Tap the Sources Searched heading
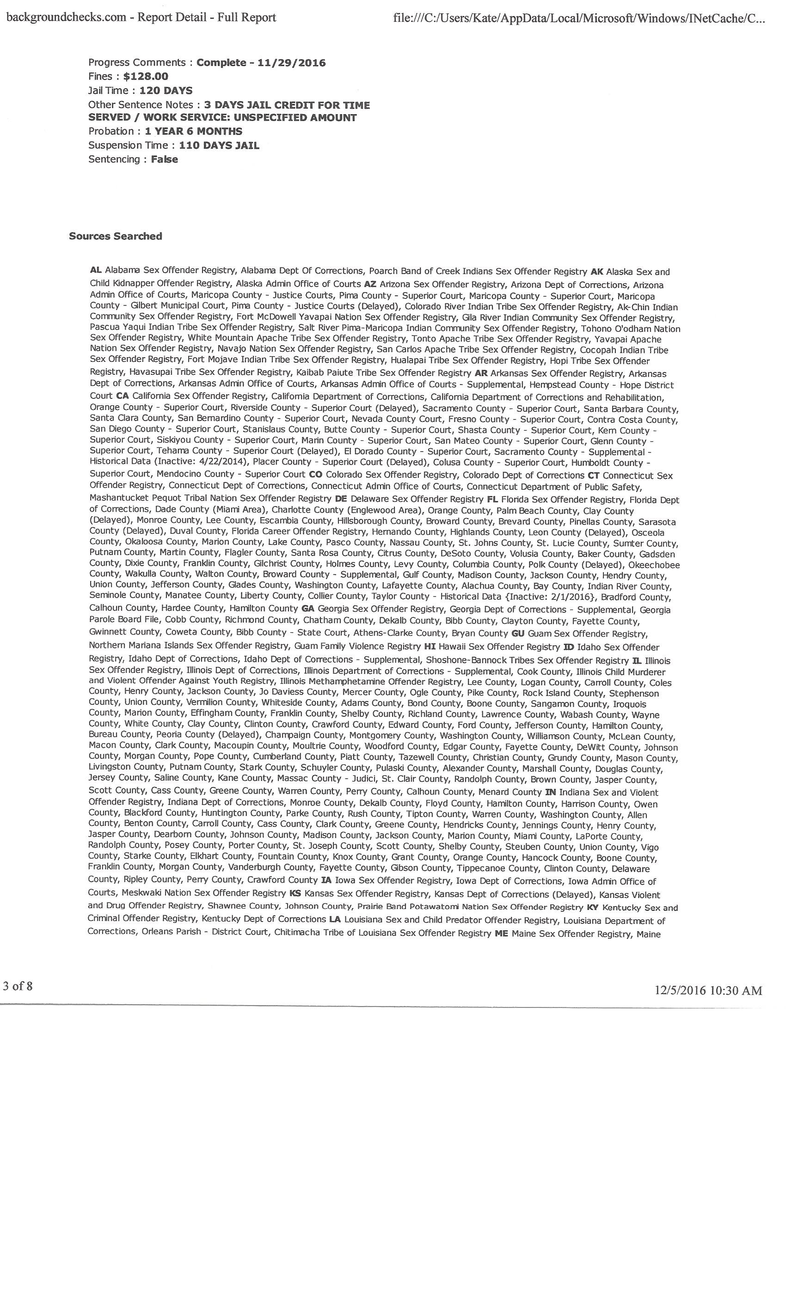pos(115,236)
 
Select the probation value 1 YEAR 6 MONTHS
pos(193,131)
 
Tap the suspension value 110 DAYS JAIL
pos(219,146)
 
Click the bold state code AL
pos(96,270)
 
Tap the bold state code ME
pos(501,934)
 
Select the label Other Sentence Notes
pos(141,105)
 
